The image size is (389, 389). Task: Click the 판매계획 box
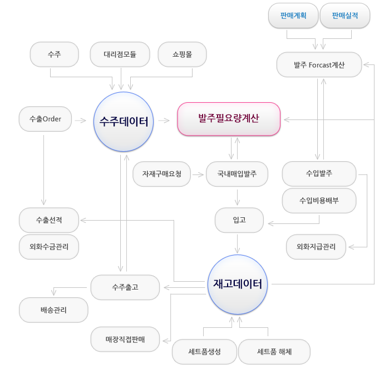294,16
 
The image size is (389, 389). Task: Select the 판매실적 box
345,16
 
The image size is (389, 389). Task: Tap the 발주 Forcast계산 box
319,65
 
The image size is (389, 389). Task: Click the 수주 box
54,54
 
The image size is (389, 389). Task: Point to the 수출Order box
45,119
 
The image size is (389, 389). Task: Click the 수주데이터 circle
124,122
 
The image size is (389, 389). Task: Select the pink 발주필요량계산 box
228,119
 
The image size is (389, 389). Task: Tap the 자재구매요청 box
161,174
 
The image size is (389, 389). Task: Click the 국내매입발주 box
237,174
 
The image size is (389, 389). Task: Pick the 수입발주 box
319,174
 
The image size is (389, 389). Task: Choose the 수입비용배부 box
319,201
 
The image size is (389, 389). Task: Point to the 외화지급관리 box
316,247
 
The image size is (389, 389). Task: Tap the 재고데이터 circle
238,283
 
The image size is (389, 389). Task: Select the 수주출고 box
125,287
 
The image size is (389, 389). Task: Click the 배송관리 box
53,310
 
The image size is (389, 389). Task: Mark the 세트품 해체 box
274,352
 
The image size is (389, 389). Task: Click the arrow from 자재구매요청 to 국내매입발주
198,174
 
